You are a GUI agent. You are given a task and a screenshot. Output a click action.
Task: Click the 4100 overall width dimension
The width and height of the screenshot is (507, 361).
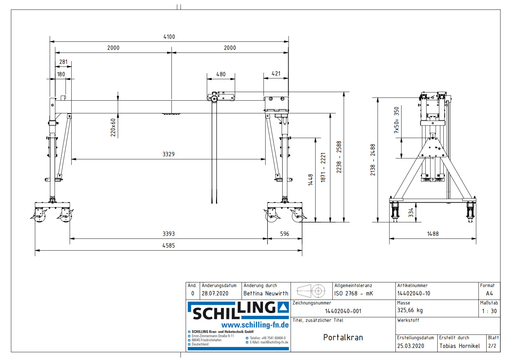tap(169, 37)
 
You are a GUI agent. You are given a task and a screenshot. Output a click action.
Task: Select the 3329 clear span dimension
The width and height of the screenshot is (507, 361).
tap(168, 154)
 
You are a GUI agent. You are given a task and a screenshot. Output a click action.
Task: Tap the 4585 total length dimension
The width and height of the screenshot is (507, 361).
tap(168, 246)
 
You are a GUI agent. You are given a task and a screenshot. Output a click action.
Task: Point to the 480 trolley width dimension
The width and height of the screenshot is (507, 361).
tap(221, 74)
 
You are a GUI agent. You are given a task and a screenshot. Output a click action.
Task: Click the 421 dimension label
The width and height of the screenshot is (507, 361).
tap(276, 74)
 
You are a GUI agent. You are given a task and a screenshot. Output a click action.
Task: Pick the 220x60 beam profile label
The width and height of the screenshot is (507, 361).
tap(113, 127)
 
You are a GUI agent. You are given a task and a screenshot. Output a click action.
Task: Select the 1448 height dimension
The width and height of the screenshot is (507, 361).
tap(310, 180)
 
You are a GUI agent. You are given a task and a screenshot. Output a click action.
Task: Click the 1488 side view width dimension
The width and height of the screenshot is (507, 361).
tap(433, 234)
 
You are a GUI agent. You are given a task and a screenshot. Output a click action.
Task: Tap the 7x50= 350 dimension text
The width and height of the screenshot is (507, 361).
tap(396, 120)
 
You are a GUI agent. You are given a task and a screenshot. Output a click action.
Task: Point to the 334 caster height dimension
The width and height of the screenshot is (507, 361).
tap(411, 213)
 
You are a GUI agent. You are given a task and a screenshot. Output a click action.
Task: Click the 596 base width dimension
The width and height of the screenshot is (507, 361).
tap(285, 234)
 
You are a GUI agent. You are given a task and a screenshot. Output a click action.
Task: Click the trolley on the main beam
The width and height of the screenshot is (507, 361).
tap(221, 97)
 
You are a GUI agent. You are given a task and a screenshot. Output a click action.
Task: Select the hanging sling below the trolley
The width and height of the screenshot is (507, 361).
tap(214, 151)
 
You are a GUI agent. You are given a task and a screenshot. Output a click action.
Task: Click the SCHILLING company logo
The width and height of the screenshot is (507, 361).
tap(238, 310)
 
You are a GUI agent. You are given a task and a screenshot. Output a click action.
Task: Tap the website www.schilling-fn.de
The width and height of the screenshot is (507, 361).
tap(255, 325)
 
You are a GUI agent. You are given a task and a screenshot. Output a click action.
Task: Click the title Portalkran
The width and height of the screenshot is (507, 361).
tap(343, 338)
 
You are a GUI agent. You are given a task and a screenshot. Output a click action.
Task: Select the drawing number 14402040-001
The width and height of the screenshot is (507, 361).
tap(343, 311)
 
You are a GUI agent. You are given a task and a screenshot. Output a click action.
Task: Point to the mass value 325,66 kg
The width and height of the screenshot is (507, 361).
tap(410, 310)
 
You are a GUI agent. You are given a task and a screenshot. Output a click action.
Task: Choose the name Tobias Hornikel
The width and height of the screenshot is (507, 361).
tap(459, 346)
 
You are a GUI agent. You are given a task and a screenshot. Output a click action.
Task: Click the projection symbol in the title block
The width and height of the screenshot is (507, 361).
tap(311, 291)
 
